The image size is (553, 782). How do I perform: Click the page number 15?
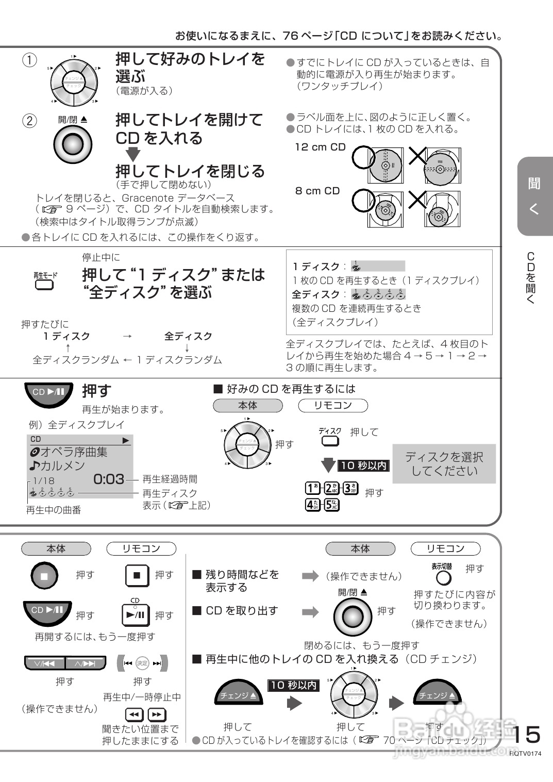(526, 734)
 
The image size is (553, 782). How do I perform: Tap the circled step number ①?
(29, 60)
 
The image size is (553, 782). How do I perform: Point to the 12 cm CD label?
(320, 147)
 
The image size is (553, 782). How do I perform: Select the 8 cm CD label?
(317, 191)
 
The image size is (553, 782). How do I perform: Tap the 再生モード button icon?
(44, 285)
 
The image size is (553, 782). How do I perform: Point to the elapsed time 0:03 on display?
(109, 479)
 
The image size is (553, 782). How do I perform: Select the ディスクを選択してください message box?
(444, 464)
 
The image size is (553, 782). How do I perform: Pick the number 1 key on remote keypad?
(312, 488)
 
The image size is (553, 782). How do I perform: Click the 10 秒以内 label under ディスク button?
(363, 465)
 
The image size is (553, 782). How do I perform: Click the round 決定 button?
(142, 663)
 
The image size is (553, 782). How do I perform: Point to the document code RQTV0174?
(526, 753)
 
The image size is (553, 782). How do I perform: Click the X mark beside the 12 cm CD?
(417, 155)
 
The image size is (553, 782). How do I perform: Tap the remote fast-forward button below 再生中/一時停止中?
(157, 714)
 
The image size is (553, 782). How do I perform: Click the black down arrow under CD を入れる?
(133, 154)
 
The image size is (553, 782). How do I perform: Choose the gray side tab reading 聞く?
(534, 196)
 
